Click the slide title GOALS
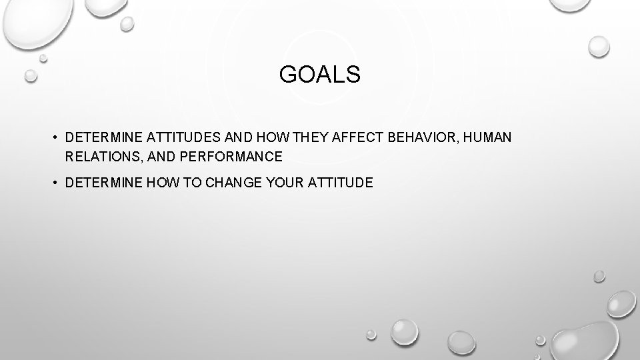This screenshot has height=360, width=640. click(x=319, y=75)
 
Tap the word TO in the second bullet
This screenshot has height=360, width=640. click(x=195, y=181)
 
